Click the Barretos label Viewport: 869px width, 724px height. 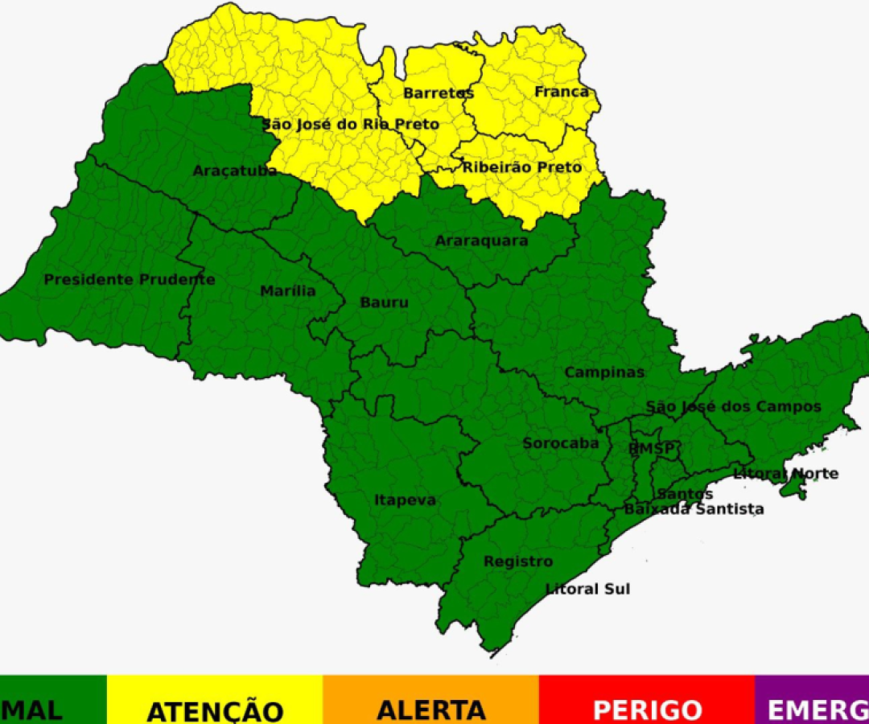[x=439, y=93]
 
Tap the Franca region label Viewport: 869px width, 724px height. [x=562, y=92]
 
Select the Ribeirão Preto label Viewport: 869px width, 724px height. [x=521, y=167]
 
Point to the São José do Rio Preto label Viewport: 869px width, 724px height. [x=351, y=124]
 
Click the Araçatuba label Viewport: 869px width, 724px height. [x=234, y=171]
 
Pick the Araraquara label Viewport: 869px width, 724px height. [x=481, y=241]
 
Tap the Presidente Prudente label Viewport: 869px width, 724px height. [x=130, y=279]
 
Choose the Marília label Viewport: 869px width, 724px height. [x=288, y=291]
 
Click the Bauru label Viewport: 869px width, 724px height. [x=384, y=302]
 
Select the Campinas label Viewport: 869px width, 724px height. [x=604, y=372]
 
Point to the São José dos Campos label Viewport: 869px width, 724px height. [x=733, y=406]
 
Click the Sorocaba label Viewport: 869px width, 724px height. [x=561, y=443]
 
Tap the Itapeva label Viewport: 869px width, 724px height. [x=405, y=500]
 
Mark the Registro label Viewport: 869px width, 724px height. [x=518, y=562]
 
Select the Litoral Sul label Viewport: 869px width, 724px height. [x=587, y=589]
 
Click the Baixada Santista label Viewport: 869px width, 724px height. [x=694, y=509]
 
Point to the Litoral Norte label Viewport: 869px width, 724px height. [x=785, y=474]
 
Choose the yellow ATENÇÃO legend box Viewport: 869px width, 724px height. [x=215, y=700]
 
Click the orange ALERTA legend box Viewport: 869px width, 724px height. [x=430, y=700]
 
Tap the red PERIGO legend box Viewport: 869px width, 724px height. [x=647, y=700]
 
